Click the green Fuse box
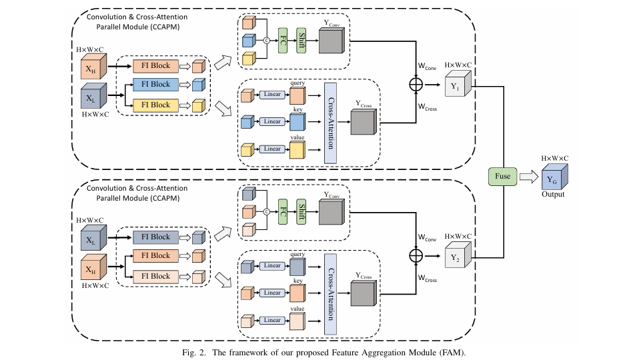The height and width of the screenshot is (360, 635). point(502,176)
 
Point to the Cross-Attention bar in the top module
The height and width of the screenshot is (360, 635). point(330,123)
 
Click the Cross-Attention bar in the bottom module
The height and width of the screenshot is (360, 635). point(330,293)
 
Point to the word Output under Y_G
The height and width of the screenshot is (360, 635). point(553,194)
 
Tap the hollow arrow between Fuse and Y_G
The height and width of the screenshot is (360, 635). point(529,176)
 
